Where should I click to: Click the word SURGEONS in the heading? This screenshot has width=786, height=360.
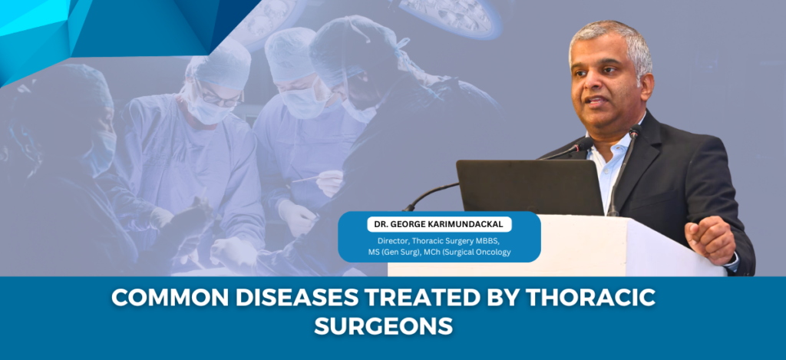384,326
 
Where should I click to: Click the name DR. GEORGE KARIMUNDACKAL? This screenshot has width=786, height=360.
439,225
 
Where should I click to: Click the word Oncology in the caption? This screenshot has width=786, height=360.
494,252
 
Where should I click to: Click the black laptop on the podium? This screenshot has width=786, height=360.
530,187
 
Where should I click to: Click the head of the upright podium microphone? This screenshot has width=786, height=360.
635,130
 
